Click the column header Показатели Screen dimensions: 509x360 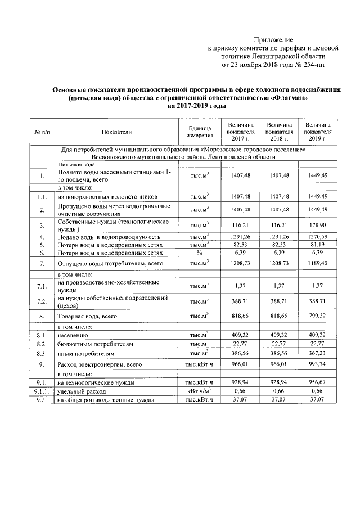coord(116,132)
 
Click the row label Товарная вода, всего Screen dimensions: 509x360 coord(87,317)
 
